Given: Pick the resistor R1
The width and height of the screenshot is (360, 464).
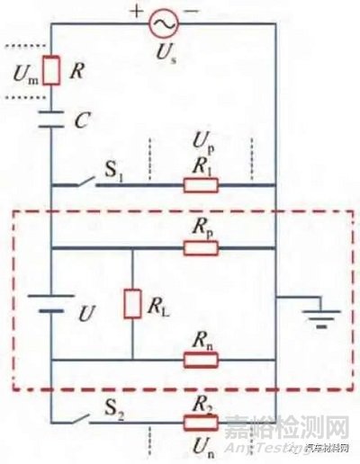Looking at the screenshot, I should tap(201, 186).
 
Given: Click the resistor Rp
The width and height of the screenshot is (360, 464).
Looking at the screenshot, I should tap(201, 247).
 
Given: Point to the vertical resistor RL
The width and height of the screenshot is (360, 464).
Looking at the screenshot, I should tap(132, 303).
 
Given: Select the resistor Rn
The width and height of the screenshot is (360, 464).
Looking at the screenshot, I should tap(201, 360).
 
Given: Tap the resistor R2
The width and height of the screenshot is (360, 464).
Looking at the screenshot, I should tap(201, 421).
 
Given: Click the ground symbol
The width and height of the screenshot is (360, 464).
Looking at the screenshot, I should tap(314, 316).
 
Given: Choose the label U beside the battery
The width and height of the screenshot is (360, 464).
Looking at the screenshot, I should tap(86, 316).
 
